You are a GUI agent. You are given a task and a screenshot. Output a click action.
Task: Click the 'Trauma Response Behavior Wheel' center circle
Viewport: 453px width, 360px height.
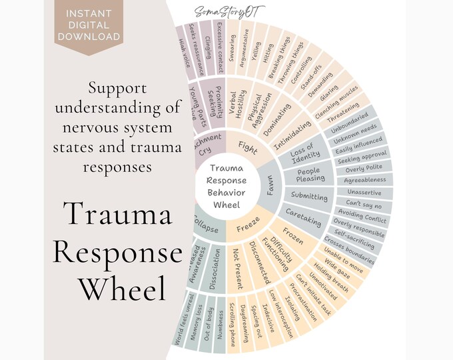pos(226,181)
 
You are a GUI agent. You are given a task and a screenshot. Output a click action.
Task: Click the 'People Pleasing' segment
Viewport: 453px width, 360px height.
pos(310,175)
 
